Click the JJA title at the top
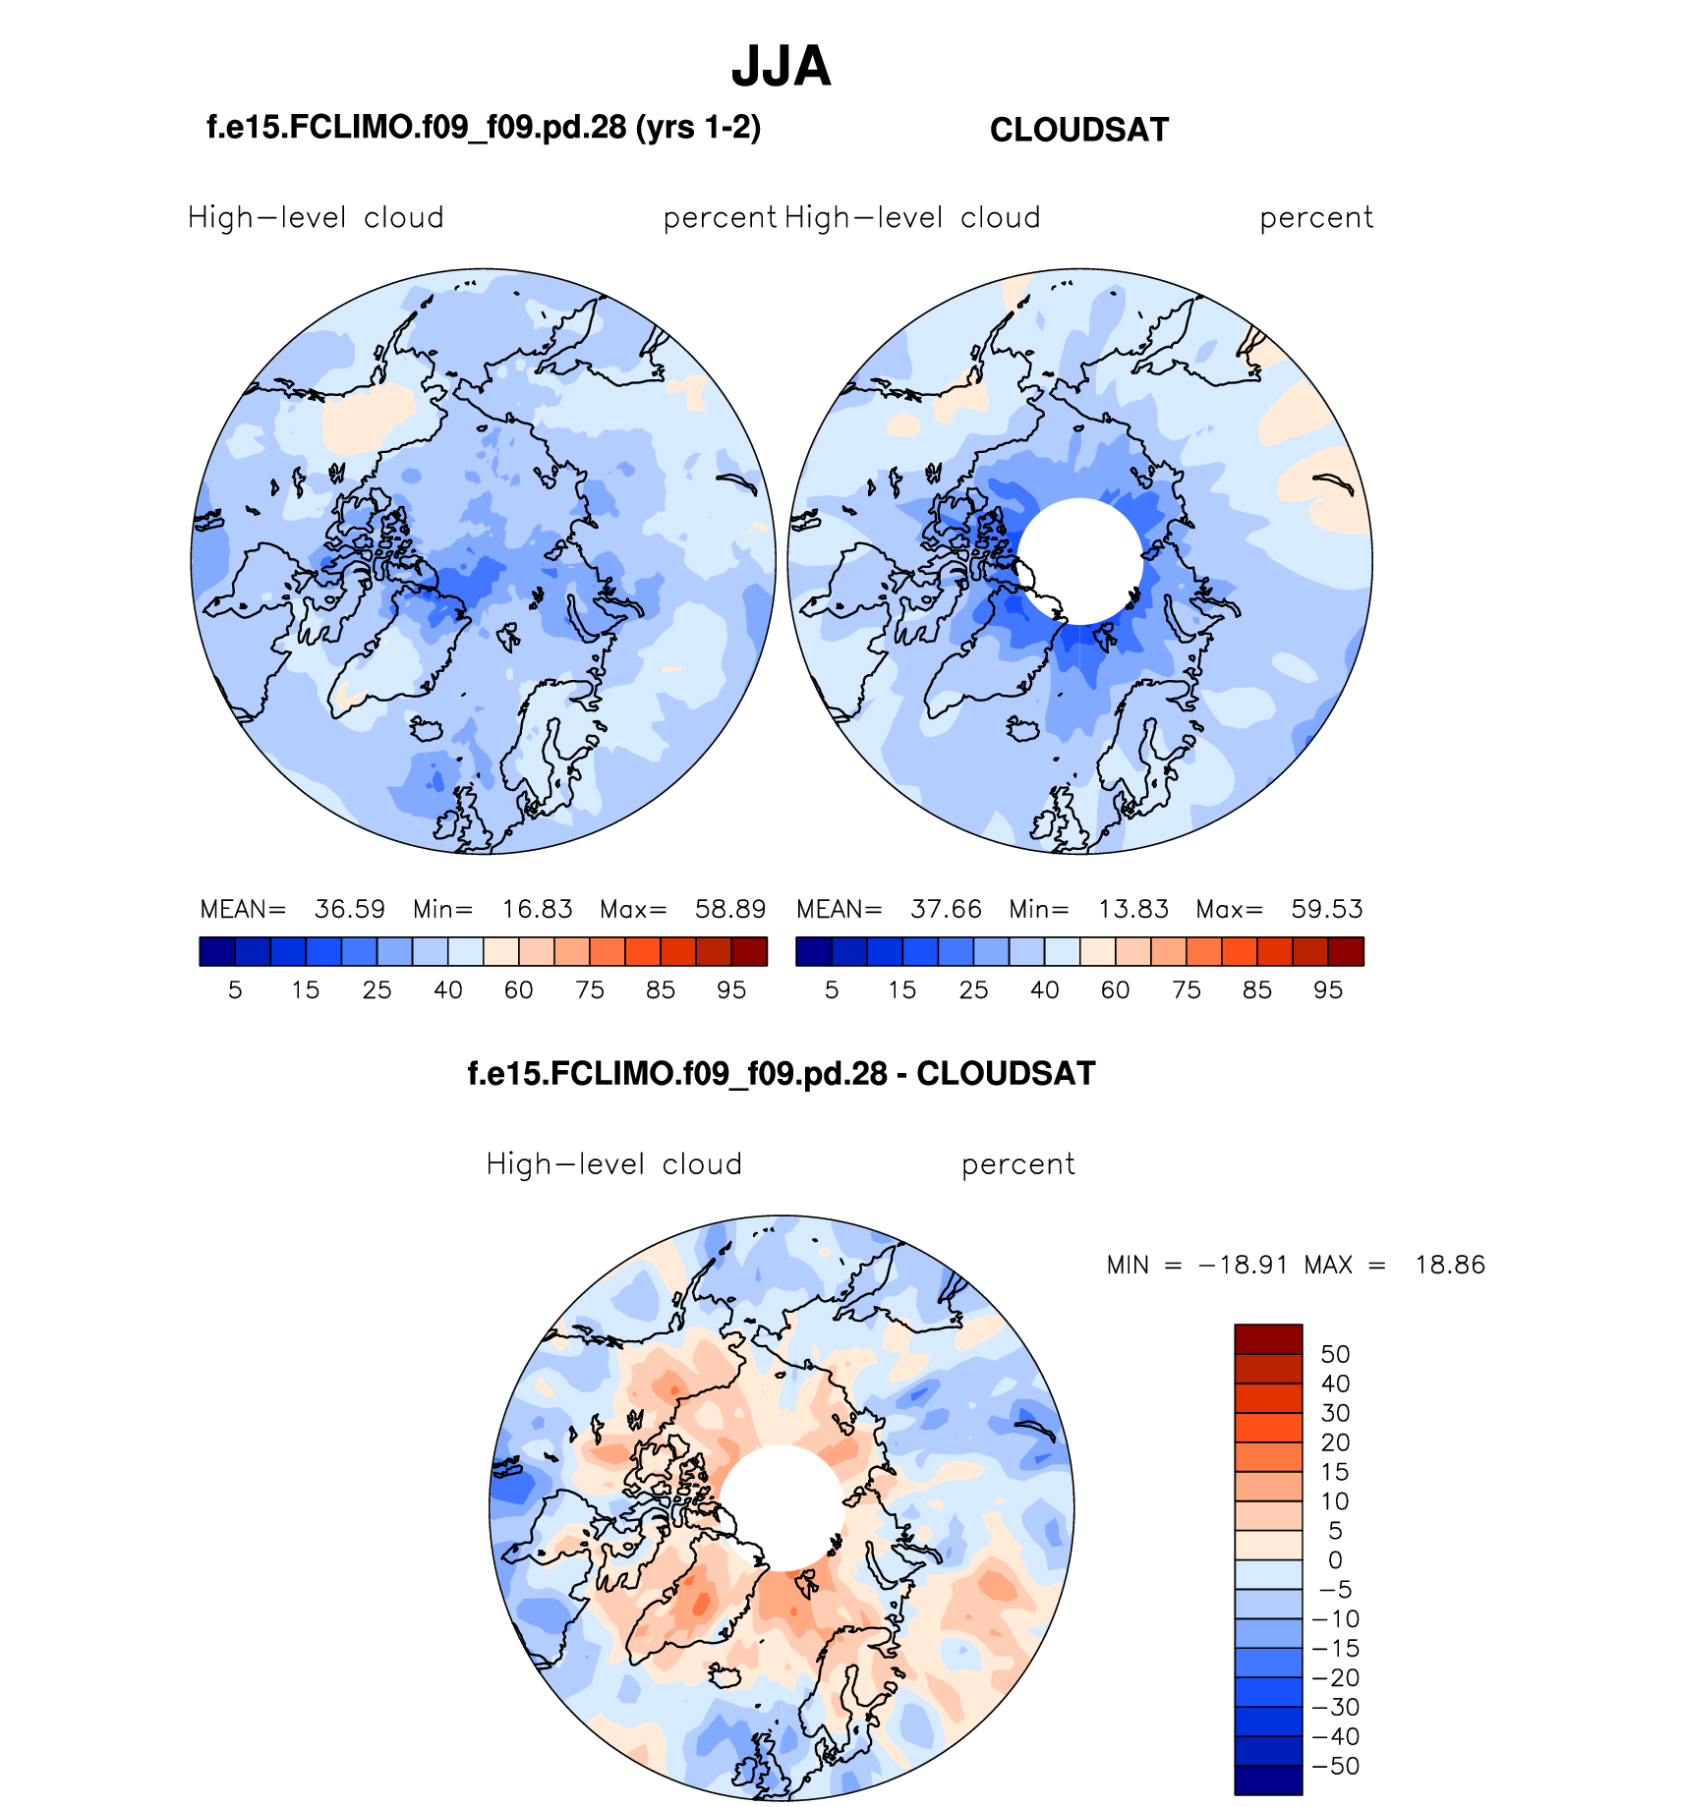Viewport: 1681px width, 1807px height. click(x=782, y=67)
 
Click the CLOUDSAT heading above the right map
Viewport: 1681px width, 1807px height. click(x=1078, y=130)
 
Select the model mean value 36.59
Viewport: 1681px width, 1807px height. click(x=349, y=909)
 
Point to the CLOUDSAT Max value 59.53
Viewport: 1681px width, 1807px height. click(x=1326, y=909)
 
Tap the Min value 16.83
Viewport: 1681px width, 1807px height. click(x=537, y=909)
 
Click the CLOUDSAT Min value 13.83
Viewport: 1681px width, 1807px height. click(x=1132, y=909)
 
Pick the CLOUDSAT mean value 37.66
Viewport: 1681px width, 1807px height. click(x=946, y=909)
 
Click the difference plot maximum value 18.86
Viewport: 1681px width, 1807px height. click(x=1449, y=1265)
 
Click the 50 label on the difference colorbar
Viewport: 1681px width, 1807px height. click(x=1335, y=1354)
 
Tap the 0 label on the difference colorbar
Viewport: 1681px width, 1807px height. click(x=1335, y=1559)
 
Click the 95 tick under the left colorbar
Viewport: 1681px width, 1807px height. click(x=730, y=990)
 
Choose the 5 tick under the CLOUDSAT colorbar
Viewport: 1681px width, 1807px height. click(x=832, y=990)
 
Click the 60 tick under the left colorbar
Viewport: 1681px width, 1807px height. click(x=518, y=990)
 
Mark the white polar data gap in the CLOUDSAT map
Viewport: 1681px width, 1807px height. click(x=1079, y=561)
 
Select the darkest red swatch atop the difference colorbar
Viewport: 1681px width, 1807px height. click(x=1268, y=1339)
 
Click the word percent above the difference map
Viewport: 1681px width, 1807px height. click(x=1017, y=1164)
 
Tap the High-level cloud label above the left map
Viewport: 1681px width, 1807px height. click(x=316, y=218)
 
